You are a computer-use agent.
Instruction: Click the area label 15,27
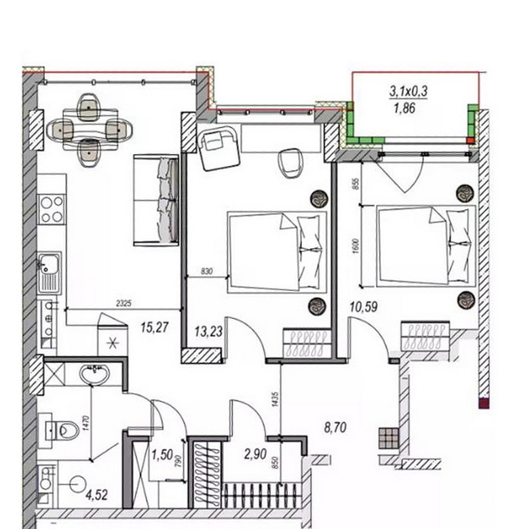(x=154, y=328)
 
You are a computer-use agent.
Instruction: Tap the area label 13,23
(x=208, y=331)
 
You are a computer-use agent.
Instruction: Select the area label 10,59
(x=364, y=307)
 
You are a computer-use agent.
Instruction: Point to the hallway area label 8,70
(x=335, y=428)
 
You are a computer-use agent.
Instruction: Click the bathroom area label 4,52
(x=96, y=495)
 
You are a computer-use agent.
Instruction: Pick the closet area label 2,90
(x=255, y=454)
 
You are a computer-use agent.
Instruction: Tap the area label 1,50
(x=162, y=455)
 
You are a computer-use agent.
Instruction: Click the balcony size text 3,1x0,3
(x=409, y=91)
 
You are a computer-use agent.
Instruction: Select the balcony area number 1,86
(x=404, y=109)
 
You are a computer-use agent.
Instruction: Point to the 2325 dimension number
(x=124, y=303)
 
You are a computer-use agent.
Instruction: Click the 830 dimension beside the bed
(x=206, y=271)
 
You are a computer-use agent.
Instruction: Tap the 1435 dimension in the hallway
(x=276, y=399)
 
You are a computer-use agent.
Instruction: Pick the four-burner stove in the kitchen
(x=52, y=210)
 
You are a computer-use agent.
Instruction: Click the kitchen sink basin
(x=49, y=264)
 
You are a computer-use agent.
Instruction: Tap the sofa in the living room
(x=156, y=200)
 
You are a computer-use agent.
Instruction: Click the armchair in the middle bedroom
(x=219, y=148)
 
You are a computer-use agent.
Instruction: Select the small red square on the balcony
(x=470, y=140)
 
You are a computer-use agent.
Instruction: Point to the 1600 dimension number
(x=356, y=246)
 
